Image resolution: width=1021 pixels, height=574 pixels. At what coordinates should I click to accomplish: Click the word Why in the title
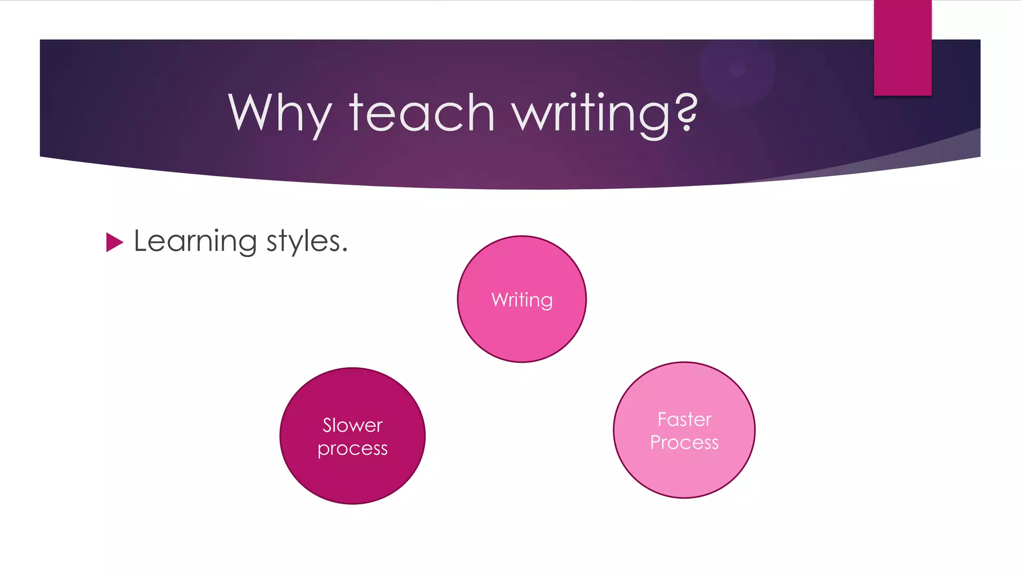[280, 114]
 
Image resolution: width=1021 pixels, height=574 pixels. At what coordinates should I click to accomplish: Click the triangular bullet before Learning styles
[114, 242]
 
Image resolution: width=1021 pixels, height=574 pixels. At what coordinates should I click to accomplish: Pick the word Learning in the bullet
[195, 242]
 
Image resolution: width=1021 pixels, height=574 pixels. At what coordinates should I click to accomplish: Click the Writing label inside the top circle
[522, 300]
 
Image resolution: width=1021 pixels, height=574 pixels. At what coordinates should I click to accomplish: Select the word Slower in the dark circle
[352, 425]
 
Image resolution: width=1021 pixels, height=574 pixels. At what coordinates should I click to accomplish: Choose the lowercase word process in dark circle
[352, 449]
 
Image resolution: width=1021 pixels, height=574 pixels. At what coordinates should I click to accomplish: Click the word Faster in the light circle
[684, 420]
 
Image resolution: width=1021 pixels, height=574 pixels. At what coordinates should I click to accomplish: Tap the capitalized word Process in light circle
[684, 442]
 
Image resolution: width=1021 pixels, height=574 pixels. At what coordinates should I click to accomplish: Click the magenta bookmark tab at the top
[902, 47]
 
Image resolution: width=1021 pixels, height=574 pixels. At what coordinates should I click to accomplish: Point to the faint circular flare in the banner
[737, 68]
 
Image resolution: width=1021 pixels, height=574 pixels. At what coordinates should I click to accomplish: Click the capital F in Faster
[663, 420]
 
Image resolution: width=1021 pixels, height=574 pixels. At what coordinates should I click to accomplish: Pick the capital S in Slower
[328, 425]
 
